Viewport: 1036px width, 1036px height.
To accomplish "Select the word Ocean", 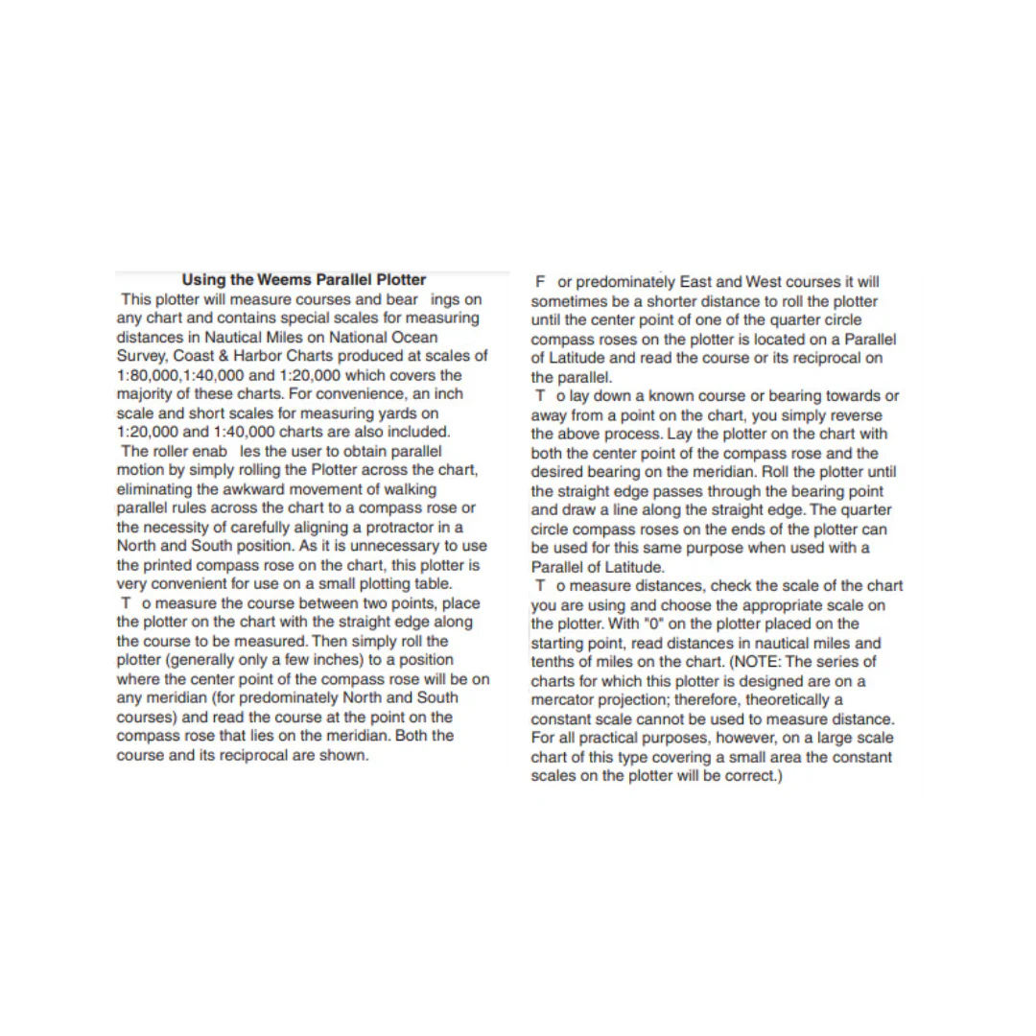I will click(x=415, y=337).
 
